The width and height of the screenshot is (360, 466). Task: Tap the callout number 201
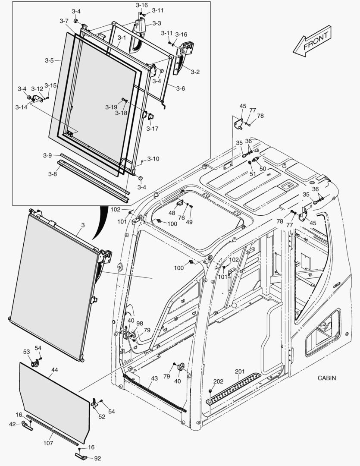coord(240,372)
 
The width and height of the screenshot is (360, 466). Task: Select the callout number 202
coord(218,381)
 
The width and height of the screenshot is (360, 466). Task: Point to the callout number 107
coord(48,443)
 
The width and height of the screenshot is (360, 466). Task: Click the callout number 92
coord(97,458)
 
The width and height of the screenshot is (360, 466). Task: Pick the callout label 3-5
coord(49,60)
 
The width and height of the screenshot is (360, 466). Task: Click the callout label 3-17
coord(152,128)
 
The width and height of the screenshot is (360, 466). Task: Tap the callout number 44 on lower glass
coord(54,370)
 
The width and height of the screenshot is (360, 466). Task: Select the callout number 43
coord(154,378)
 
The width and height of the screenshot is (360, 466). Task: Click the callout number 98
coord(140,323)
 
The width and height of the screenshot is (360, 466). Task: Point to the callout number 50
coord(263,168)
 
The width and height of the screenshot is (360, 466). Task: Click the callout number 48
coord(172,213)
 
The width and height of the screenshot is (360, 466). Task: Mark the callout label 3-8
coord(52,174)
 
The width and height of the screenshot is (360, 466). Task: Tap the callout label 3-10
coord(153,159)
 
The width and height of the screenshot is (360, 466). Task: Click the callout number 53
coord(26,352)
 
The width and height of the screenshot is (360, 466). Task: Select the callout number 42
coord(12,424)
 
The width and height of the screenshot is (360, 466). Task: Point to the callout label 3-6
coord(180,88)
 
